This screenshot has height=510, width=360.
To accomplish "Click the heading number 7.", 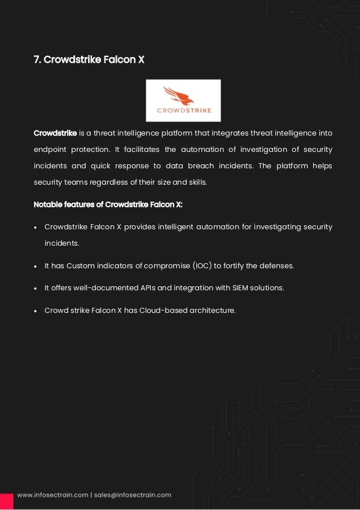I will pyautogui.click(x=37, y=59).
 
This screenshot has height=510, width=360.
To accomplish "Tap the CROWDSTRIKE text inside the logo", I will pyautogui.click(x=183, y=110).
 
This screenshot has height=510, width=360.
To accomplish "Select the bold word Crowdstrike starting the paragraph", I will pyautogui.click(x=55, y=133).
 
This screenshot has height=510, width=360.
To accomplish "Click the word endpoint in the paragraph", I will pyautogui.click(x=51, y=150).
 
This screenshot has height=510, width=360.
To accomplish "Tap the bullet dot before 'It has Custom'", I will pyautogui.click(x=36, y=266).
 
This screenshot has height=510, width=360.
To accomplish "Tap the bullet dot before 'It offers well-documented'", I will pyautogui.click(x=36, y=288).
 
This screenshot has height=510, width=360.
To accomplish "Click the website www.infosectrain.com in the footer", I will pyautogui.click(x=52, y=495).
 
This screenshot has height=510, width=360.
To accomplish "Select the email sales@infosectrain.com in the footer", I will pyautogui.click(x=132, y=495).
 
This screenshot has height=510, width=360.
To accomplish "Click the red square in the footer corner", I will pyautogui.click(x=6, y=501).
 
